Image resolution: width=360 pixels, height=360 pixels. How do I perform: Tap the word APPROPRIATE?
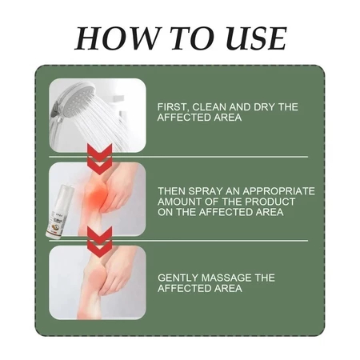click(278, 191)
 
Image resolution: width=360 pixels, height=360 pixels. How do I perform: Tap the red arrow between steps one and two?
click(100, 159)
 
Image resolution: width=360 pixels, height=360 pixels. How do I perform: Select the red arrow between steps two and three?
click(100, 242)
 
